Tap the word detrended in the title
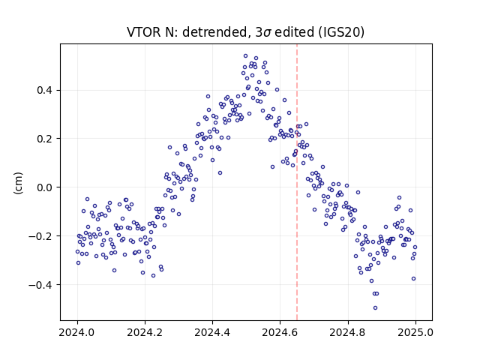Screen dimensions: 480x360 [215, 32]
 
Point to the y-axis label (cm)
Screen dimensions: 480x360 [18, 183]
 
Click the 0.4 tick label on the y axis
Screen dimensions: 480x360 [45, 90]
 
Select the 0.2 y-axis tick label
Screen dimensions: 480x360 [45, 139]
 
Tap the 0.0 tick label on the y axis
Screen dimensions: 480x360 [45, 187]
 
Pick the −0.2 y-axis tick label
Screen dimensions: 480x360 [41, 236]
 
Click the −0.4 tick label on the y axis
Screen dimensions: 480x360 [41, 285]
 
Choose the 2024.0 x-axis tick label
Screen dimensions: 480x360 [77, 332]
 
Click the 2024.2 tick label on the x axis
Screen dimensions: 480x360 [145, 332]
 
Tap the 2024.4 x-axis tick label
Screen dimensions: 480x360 [212, 332]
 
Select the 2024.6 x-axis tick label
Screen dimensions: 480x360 [280, 332]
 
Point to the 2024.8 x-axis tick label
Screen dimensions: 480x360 [348, 332]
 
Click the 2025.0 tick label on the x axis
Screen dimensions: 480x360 [415, 332]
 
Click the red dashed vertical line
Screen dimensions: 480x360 [297, 182]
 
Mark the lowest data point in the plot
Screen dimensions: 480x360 [375, 307]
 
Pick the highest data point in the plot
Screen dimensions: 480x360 [245, 56]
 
